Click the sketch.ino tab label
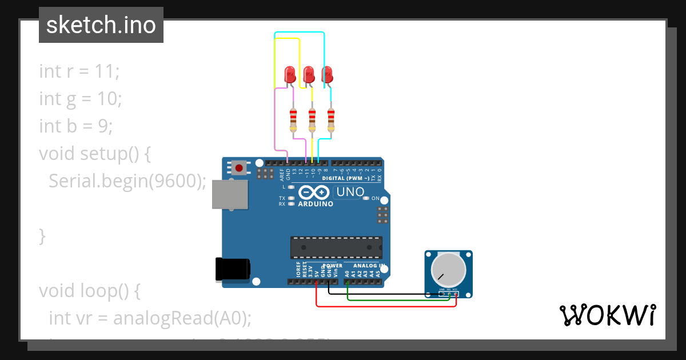pyautogui.click(x=101, y=25)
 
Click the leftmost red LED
pyautogui.click(x=290, y=74)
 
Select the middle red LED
pyautogui.click(x=309, y=74)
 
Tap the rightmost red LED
pyautogui.click(x=327, y=74)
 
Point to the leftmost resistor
pyautogui.click(x=293, y=119)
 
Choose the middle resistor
pyautogui.click(x=312, y=119)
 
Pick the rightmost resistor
pyautogui.click(x=330, y=119)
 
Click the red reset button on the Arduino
pyautogui.click(x=238, y=167)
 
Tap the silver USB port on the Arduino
pyautogui.click(x=230, y=194)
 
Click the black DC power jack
pyautogui.click(x=232, y=269)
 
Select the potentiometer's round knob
pyautogui.click(x=448, y=270)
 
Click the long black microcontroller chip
pyautogui.click(x=336, y=247)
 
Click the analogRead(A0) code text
pyautogui.click(x=182, y=318)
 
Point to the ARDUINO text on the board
pyautogui.click(x=316, y=203)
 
